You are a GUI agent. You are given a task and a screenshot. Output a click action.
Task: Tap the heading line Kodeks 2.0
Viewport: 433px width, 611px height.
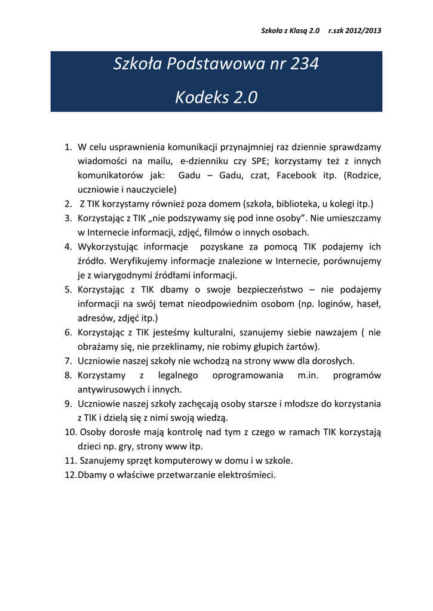[216, 97]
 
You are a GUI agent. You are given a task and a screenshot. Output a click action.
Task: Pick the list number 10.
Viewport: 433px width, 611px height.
[70, 432]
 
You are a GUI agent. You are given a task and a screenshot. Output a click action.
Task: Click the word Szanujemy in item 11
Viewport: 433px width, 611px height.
[101, 461]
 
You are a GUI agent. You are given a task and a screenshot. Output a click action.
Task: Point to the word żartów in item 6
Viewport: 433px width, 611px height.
[303, 347]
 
